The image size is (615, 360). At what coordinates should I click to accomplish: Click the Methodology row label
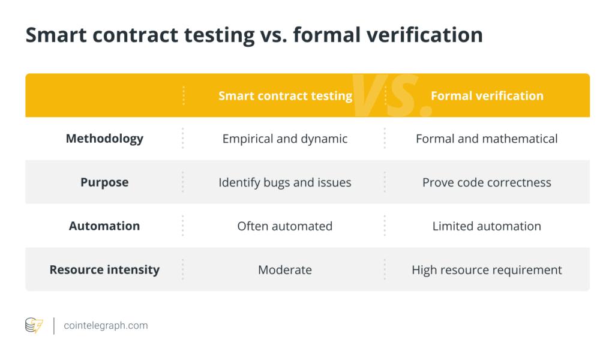104,139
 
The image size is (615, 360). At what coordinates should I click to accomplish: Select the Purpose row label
104,182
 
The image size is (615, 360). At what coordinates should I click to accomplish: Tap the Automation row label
104,226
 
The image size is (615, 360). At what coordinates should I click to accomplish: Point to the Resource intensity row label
104,270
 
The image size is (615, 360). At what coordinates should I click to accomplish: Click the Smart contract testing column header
285,95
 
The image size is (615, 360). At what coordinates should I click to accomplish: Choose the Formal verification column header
487,95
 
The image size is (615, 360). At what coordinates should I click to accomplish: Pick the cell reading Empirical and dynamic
285,139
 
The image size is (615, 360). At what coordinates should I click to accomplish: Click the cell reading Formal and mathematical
487,139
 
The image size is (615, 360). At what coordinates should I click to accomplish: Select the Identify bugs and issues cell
285,182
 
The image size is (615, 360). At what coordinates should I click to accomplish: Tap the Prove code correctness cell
487,182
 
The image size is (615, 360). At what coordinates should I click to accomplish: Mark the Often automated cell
285,226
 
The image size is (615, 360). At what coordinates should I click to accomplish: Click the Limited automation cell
487,226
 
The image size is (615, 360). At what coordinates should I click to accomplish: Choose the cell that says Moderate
285,270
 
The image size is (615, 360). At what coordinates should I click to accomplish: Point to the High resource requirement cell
487,270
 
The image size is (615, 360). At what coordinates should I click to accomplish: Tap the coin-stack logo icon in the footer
34,326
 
